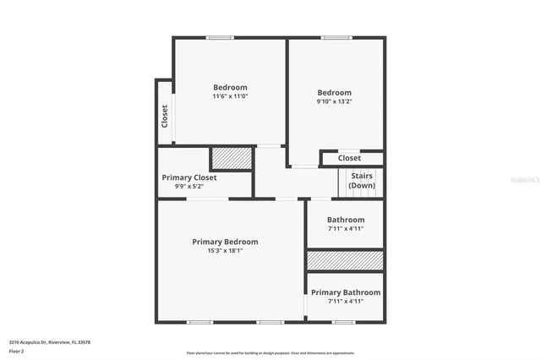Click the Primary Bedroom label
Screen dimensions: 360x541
pos(225,242)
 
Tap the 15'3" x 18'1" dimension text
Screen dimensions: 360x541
pos(225,251)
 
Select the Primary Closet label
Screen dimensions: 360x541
pos(189,177)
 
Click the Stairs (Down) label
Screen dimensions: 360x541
pos(362,181)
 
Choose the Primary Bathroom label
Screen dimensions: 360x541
pos(346,292)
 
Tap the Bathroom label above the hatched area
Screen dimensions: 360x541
pos(346,220)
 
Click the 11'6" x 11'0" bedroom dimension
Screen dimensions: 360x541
pos(230,96)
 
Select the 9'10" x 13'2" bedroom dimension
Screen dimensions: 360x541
pos(334,101)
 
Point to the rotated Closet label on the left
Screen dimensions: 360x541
pos(165,116)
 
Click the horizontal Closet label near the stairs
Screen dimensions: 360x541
pos(349,158)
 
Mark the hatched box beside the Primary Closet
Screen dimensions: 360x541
pos(232,159)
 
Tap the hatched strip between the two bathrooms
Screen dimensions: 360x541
pos(345,260)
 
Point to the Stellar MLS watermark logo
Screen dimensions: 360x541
pos(524,180)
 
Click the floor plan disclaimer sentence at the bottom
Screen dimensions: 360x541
pos(270,353)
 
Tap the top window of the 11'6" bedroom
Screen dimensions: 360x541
pos(220,38)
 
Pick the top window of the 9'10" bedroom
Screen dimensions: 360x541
pos(336,38)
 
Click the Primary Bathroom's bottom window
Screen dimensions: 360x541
pos(342,322)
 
